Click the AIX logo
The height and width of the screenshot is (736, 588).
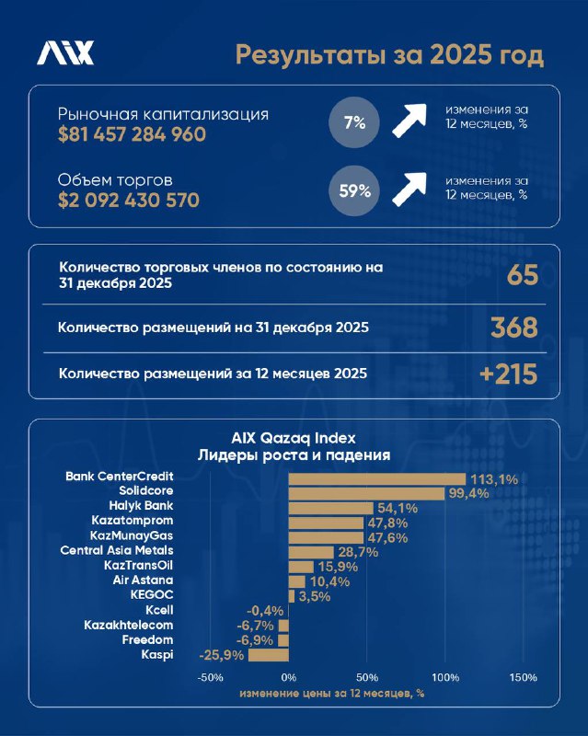click(x=64, y=53)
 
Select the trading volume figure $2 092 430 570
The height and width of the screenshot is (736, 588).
click(x=129, y=200)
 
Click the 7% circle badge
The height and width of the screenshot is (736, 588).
click(x=355, y=122)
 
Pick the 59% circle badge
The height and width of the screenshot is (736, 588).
click(x=355, y=190)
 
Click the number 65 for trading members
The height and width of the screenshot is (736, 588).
click(x=522, y=276)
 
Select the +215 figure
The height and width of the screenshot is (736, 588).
click(x=508, y=374)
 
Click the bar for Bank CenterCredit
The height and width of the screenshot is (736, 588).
click(x=377, y=478)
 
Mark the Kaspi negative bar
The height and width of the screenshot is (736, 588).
click(x=268, y=655)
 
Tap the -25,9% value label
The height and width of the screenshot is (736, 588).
click(x=220, y=655)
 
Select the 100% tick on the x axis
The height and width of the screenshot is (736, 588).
click(x=445, y=678)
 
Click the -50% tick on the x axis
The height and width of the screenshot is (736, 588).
click(x=211, y=678)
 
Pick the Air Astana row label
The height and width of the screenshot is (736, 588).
click(x=144, y=580)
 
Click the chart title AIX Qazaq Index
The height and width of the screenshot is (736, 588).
click(x=294, y=438)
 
